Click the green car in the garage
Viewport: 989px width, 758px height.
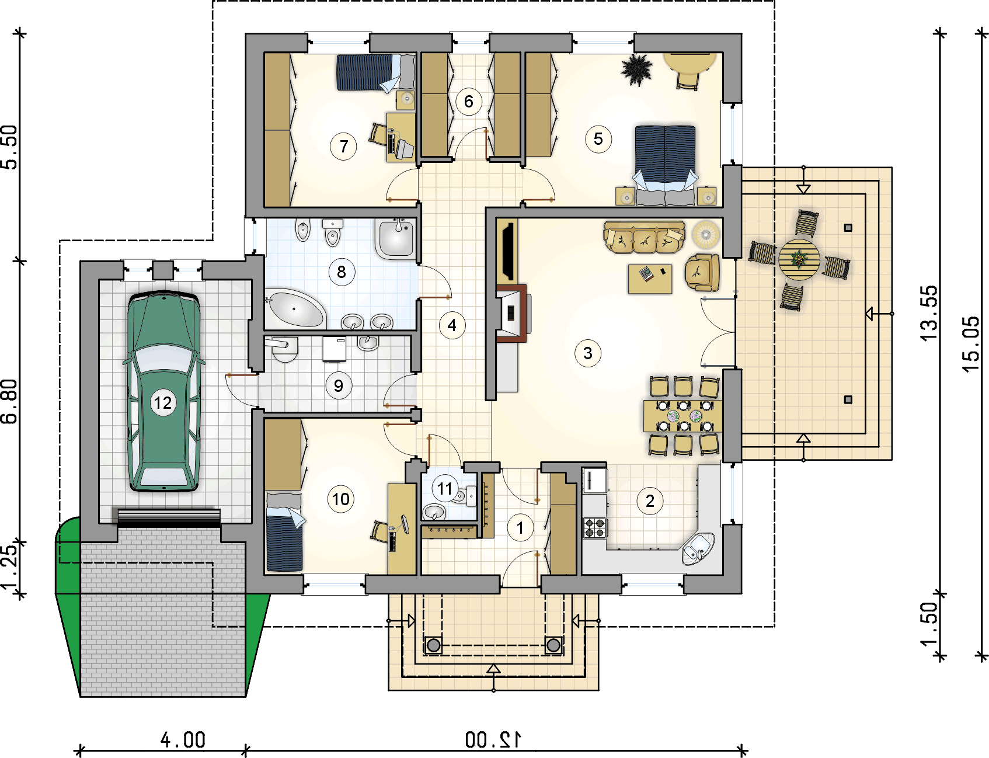(x=164, y=391)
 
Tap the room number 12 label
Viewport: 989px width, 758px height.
(x=163, y=403)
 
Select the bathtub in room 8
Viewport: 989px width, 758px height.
(x=295, y=307)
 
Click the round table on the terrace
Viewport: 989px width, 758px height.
(x=799, y=259)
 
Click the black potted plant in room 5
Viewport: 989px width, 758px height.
(x=636, y=70)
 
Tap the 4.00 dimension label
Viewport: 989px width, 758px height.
(x=183, y=740)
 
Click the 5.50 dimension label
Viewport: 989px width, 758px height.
(x=10, y=147)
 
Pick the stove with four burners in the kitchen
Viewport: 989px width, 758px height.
(x=595, y=528)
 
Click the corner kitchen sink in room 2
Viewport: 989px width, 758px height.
(x=698, y=548)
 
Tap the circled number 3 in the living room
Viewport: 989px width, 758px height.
(x=588, y=353)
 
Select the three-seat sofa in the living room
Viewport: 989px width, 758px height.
(x=644, y=237)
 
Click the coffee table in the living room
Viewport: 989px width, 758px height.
(x=650, y=279)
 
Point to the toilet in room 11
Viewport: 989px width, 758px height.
(x=465, y=496)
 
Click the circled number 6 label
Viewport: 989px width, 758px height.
(x=469, y=102)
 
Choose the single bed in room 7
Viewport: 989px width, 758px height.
(x=375, y=72)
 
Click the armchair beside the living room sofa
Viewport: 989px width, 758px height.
(x=702, y=272)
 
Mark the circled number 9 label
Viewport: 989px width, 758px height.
(x=339, y=385)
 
